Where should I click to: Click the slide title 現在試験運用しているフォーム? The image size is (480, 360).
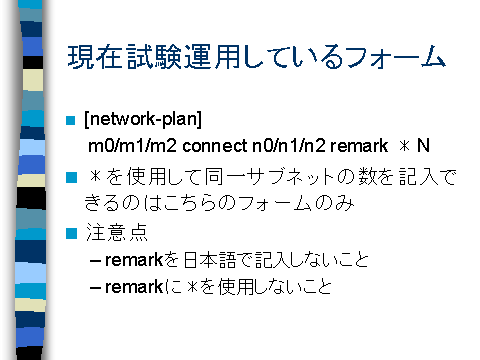254,57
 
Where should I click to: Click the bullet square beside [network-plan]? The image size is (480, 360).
70,122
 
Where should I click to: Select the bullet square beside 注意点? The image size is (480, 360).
70,236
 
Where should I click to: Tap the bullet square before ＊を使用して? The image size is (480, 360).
70,179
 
